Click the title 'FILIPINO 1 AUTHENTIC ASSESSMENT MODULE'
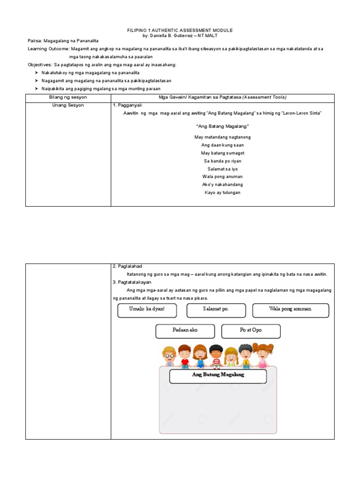pyautogui.click(x=180, y=30)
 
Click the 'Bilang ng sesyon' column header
pyautogui.click(x=68, y=97)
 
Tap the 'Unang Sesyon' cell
pyautogui.click(x=68, y=105)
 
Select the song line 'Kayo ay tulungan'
pyautogui.click(x=222, y=193)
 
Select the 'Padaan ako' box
pyautogui.click(x=185, y=331)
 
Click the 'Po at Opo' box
pyautogui.click(x=251, y=331)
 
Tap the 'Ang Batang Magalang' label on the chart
pyautogui.click(x=217, y=376)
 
